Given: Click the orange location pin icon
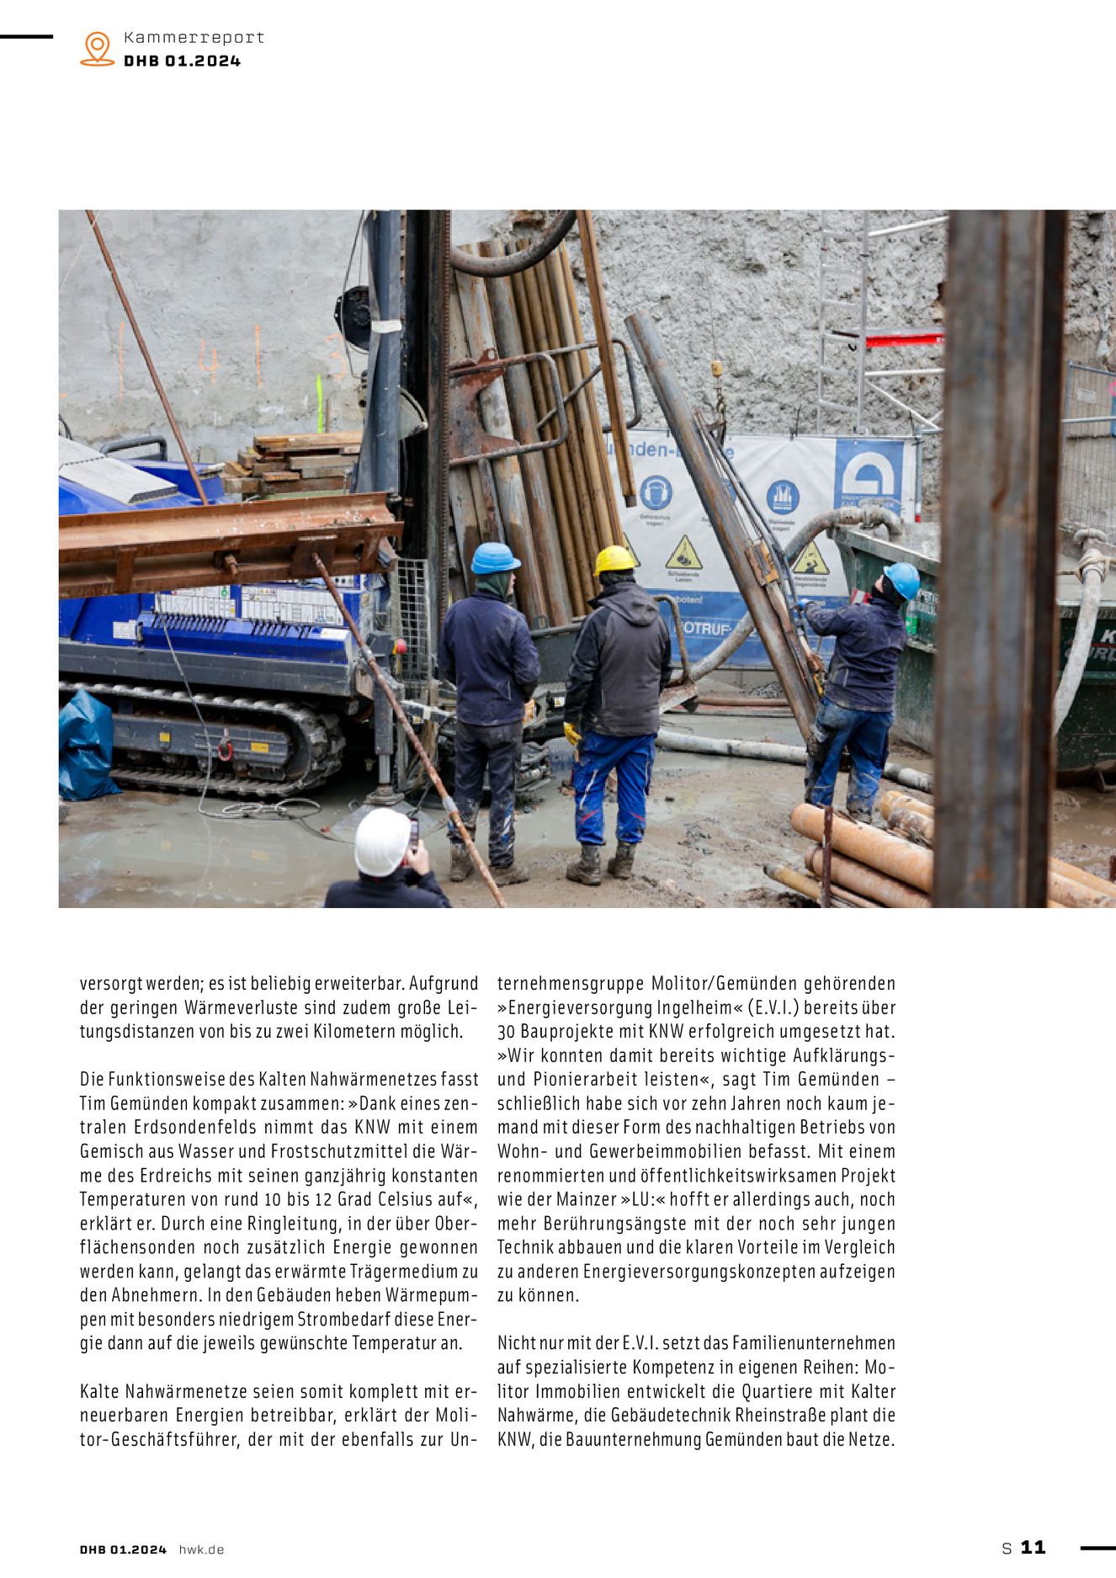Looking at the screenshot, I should pyautogui.click(x=98, y=48).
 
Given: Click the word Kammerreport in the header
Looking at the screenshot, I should pyautogui.click(x=194, y=37).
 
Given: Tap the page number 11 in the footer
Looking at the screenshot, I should pyautogui.click(x=1033, y=1547).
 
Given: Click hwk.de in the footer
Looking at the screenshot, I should pyautogui.click(x=201, y=1549).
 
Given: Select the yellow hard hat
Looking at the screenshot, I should pyautogui.click(x=614, y=560).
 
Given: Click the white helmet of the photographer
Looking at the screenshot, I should pyautogui.click(x=382, y=841).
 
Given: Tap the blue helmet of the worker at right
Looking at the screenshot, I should pyautogui.click(x=902, y=579).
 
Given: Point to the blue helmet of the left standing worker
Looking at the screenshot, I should pyautogui.click(x=494, y=558).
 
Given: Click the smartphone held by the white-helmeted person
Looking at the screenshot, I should pyautogui.click(x=413, y=833).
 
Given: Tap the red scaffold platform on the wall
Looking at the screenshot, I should pyautogui.click(x=904, y=339).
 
